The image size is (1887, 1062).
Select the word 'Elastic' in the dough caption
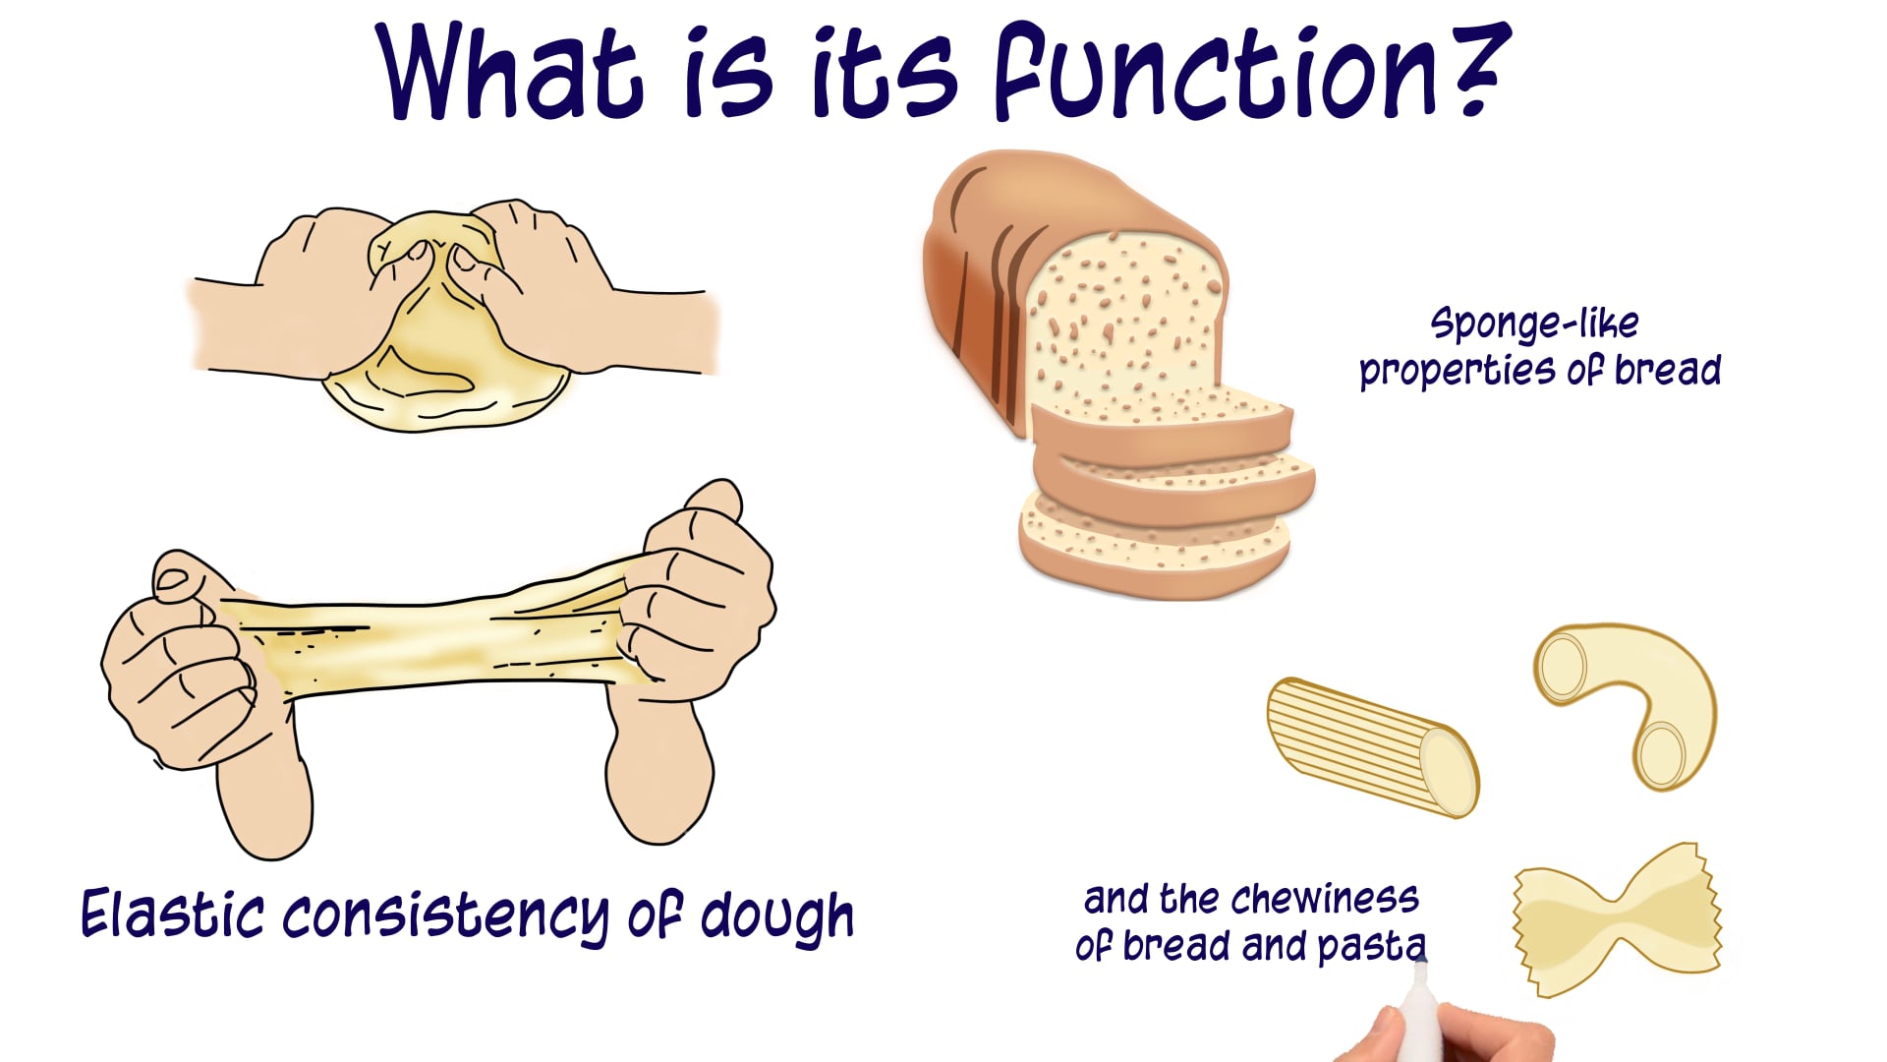[172, 914]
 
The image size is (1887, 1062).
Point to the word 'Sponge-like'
[1534, 324]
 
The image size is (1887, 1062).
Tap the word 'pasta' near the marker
[1370, 946]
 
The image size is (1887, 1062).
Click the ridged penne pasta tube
[1371, 747]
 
